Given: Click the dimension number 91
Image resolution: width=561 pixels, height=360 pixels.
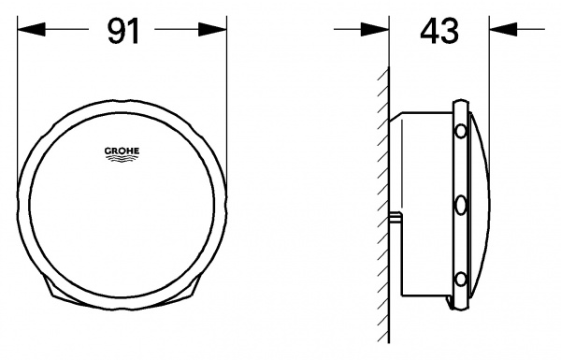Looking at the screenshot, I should tap(122, 31).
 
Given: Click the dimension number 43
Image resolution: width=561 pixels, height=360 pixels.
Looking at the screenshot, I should tap(439, 31).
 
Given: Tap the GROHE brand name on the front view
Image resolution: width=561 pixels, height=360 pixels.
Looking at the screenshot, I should tap(121, 148).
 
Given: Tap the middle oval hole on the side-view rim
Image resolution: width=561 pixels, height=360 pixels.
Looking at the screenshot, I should tap(459, 203).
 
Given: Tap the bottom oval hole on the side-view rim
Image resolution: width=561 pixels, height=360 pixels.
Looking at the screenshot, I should tap(459, 278).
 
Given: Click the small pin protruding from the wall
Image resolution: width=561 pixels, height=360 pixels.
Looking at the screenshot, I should tap(396, 218).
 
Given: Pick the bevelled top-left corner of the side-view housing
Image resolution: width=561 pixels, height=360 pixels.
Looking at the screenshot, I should tap(396, 116).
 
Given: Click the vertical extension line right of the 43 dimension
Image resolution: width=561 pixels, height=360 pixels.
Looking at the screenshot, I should tap(488, 56).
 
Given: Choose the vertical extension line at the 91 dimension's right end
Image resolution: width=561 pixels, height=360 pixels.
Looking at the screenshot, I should tap(227, 75).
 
